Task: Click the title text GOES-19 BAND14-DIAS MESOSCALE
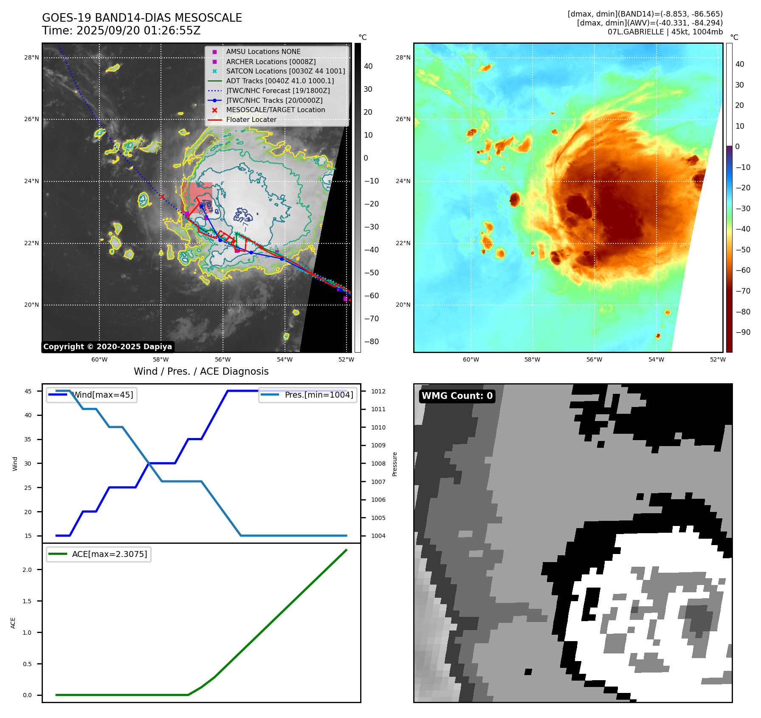[x=142, y=18]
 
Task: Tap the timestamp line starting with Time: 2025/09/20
[x=121, y=31]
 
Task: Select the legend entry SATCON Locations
[x=285, y=71]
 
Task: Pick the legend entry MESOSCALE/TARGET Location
[x=275, y=110]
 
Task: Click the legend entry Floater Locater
[x=251, y=119]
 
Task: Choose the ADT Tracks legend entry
[x=280, y=81]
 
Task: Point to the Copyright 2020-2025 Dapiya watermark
[x=107, y=347]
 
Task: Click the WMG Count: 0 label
[x=457, y=396]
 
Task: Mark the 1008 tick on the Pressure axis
[x=378, y=464]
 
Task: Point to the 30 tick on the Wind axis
[x=28, y=464]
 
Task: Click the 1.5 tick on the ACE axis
[x=27, y=601]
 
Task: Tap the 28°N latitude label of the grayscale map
[x=31, y=58]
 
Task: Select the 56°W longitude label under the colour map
[x=594, y=359]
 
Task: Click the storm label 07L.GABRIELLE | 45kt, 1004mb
[x=665, y=32]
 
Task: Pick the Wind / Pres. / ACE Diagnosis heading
[x=201, y=371]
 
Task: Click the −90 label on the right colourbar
[x=743, y=332]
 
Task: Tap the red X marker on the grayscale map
[x=162, y=196]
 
